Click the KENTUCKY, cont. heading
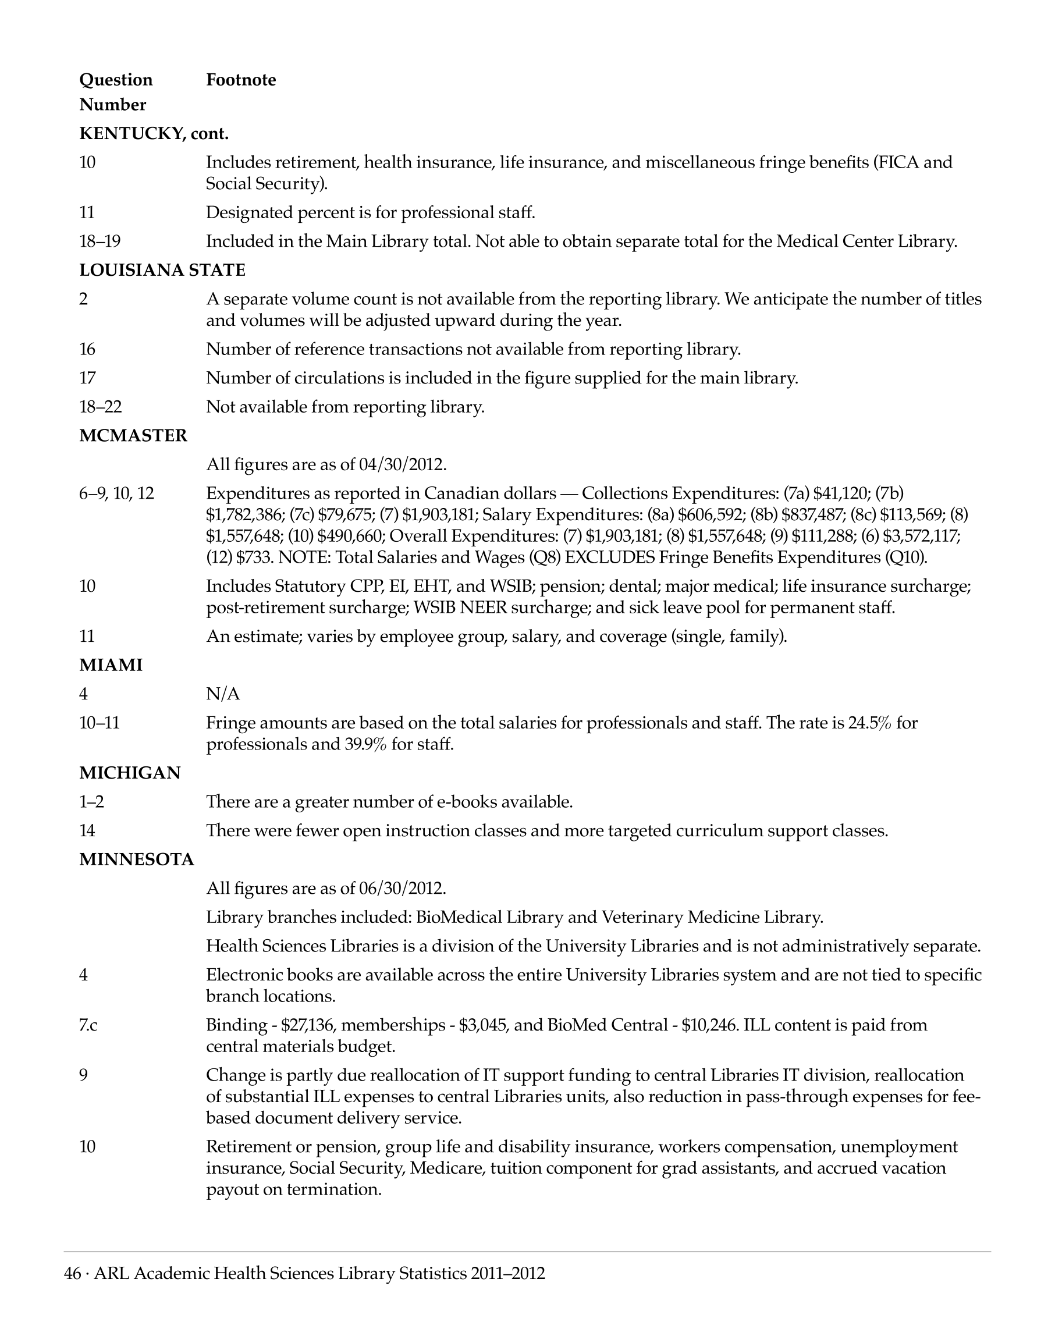point(154,133)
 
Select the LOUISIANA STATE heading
point(162,270)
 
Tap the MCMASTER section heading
point(133,435)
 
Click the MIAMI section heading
point(111,665)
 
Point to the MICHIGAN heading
point(130,773)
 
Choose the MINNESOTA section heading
point(137,859)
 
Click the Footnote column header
point(241,80)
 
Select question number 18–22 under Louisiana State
point(100,407)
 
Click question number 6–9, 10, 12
point(117,493)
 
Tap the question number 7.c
point(88,1025)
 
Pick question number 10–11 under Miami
point(99,722)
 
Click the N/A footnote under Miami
point(222,694)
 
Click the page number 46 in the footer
point(72,1273)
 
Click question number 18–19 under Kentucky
point(100,241)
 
